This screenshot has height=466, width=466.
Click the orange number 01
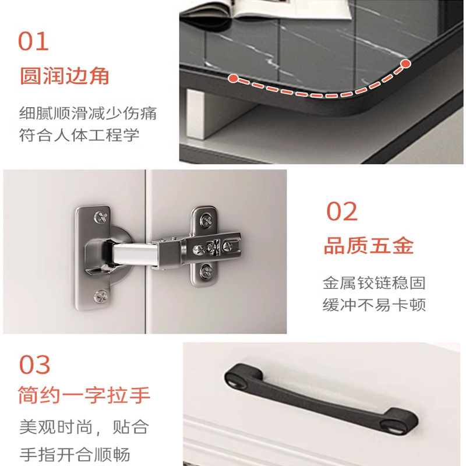pos(33,41)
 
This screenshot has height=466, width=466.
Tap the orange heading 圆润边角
pos(65,76)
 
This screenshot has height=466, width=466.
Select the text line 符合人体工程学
pos(79,135)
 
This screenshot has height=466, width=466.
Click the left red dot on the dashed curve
pos(234,79)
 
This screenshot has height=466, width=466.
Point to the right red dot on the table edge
pos(405,63)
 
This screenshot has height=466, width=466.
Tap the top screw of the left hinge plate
pos(101,217)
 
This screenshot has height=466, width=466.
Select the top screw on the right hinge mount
pos(206,221)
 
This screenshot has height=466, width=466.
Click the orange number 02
pos(342,211)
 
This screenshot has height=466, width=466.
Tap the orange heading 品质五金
pos(369,246)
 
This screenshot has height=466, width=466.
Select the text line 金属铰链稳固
pos(374,283)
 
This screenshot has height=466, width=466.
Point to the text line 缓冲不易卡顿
pos(374,304)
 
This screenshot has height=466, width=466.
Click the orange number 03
pos(34,365)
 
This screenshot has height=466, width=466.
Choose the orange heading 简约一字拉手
pos(84,395)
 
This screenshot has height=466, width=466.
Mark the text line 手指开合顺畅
pos(75,454)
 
